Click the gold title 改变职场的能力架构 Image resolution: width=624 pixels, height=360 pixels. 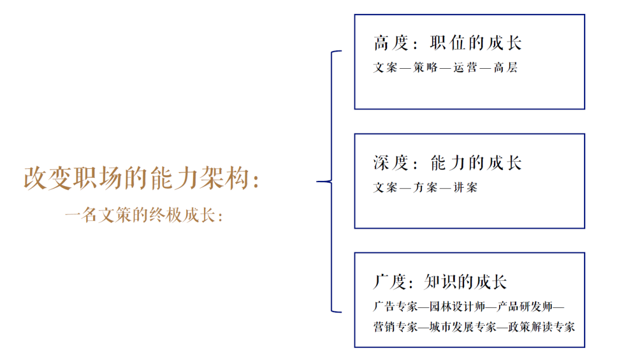click(x=136, y=178)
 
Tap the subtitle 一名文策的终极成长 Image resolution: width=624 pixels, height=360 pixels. click(x=140, y=215)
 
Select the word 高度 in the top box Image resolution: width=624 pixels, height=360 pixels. click(x=391, y=43)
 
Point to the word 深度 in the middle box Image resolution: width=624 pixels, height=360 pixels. click(x=391, y=163)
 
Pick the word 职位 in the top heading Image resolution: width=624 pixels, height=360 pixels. click(x=448, y=43)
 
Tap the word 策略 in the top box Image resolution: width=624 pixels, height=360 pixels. click(x=425, y=68)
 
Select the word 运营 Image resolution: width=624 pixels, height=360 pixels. click(x=465, y=68)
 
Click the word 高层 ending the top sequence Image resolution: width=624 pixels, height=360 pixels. click(x=506, y=68)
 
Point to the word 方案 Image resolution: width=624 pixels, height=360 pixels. click(x=425, y=187)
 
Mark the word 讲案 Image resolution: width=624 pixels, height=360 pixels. click(x=465, y=187)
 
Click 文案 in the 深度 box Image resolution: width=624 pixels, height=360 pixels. click(x=385, y=187)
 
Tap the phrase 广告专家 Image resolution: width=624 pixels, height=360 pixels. click(x=396, y=306)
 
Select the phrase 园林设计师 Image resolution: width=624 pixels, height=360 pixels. click(x=457, y=306)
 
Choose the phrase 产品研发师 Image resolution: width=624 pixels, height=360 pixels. click(x=525, y=306)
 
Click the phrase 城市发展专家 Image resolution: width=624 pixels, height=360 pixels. click(x=463, y=327)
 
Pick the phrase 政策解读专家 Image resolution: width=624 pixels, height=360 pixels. click(x=541, y=327)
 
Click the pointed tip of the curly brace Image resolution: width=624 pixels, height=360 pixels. click(x=317, y=182)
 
